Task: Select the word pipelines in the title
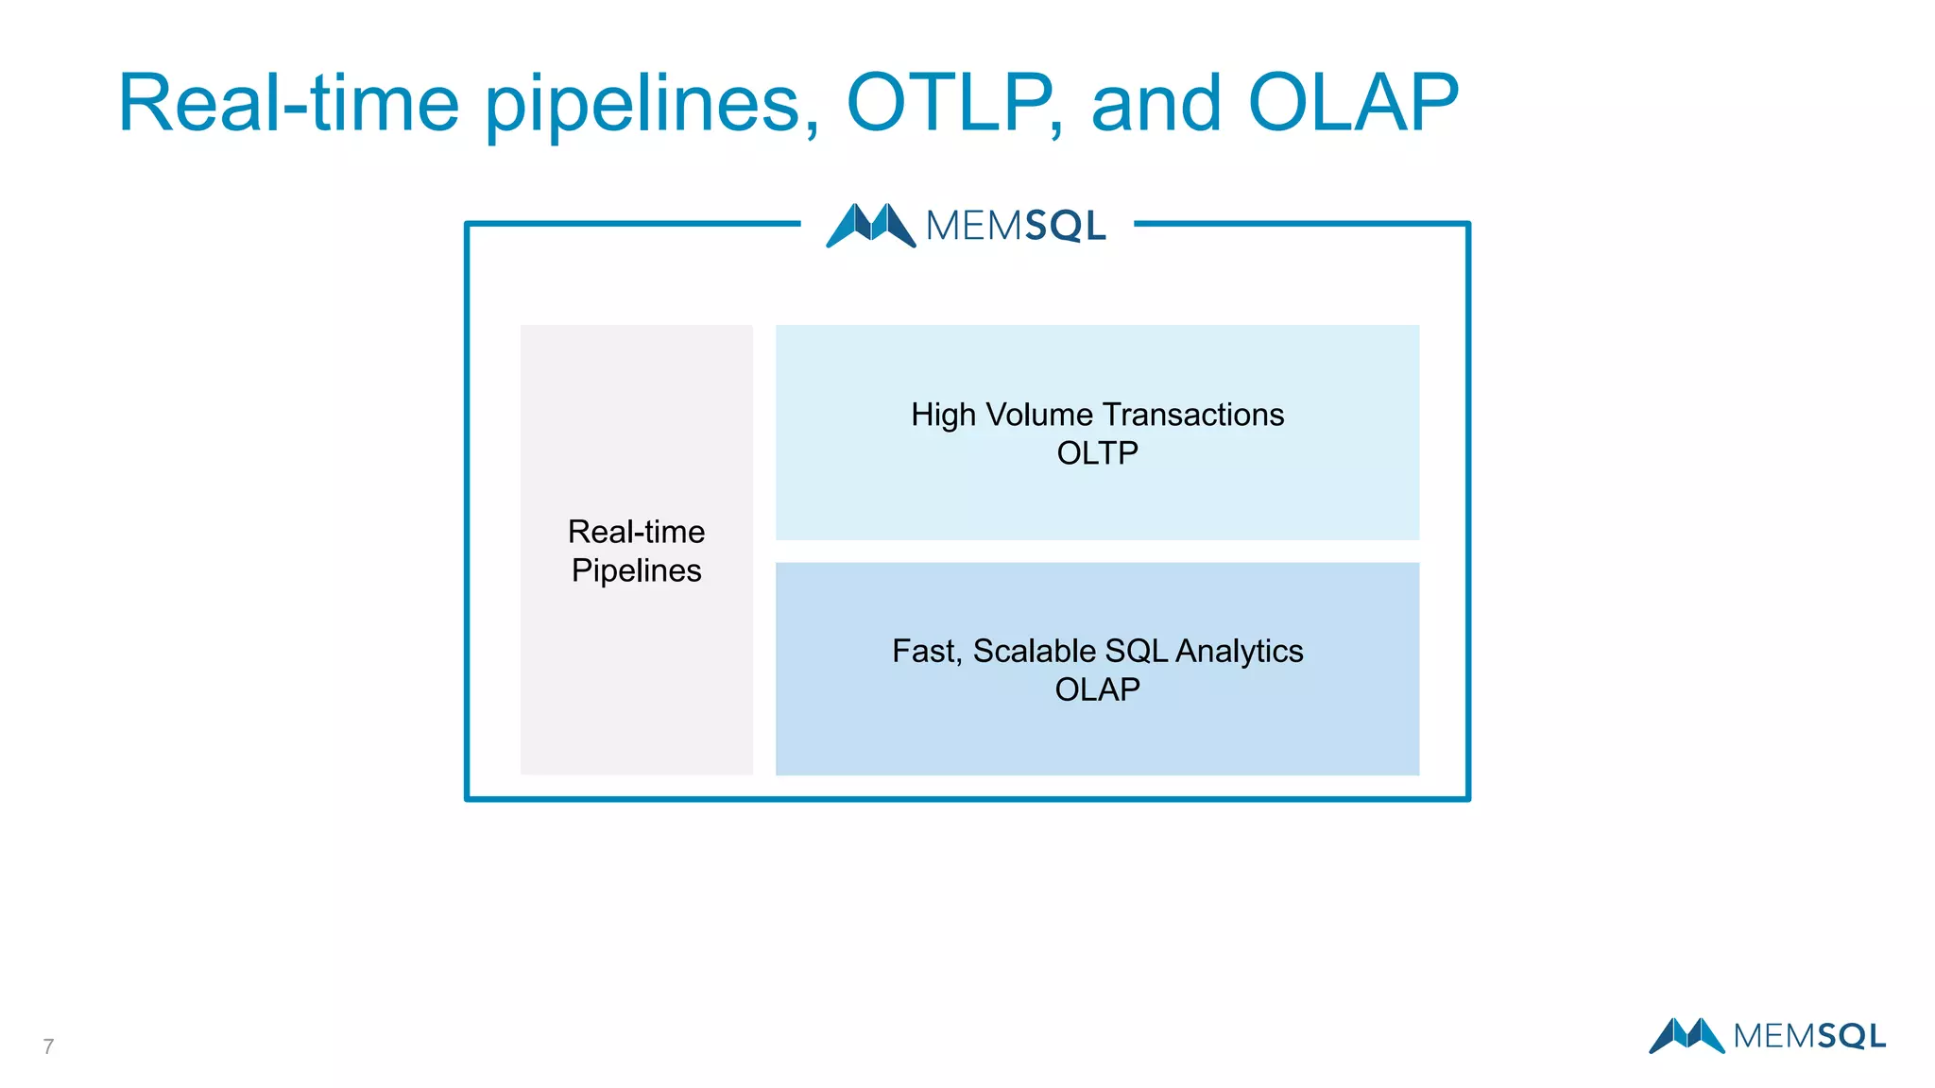tap(652, 106)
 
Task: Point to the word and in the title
tap(1156, 104)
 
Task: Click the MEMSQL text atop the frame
tap(1016, 227)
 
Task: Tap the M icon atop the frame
tap(870, 226)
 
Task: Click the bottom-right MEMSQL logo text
tap(1809, 1036)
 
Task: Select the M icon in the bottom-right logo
tap(1687, 1035)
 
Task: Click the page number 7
tap(48, 1046)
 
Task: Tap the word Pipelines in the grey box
tap(636, 570)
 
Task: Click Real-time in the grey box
tap(636, 532)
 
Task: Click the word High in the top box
tap(942, 416)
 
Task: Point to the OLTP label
tap(1097, 453)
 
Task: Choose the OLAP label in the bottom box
tap(1097, 689)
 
